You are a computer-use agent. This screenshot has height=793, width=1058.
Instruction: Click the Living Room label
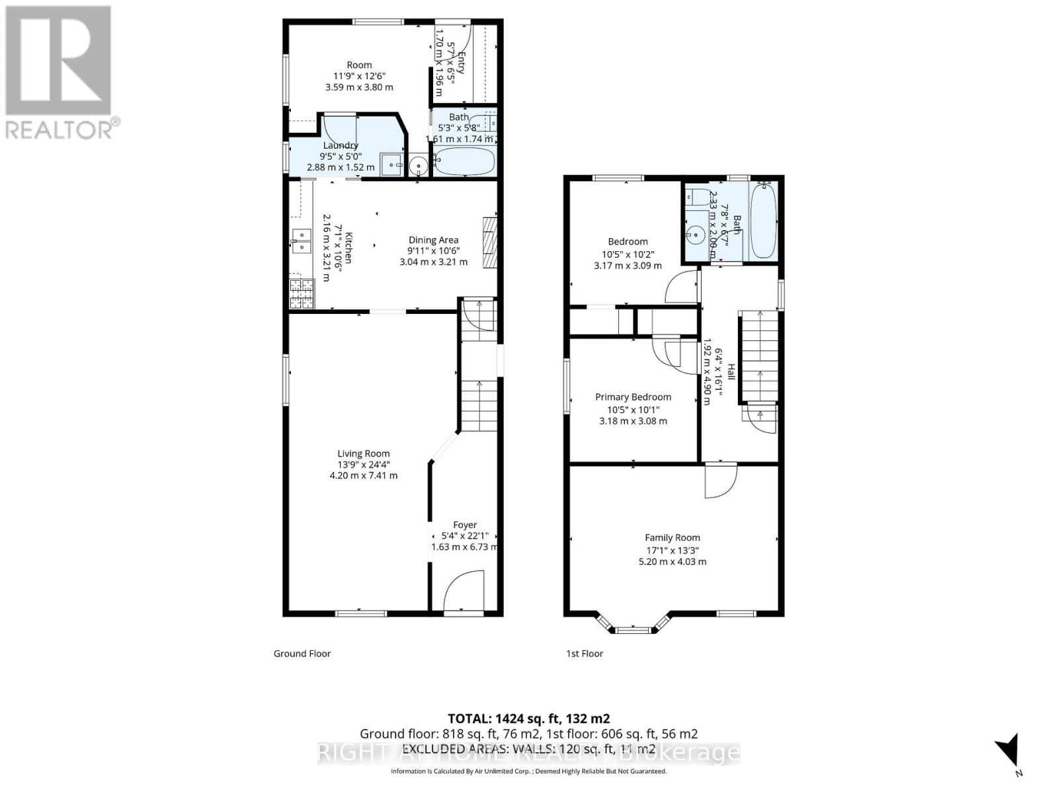[x=363, y=453]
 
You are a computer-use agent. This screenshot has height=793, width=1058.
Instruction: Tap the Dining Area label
[x=433, y=240]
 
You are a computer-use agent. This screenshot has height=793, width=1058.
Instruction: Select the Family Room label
[x=672, y=538]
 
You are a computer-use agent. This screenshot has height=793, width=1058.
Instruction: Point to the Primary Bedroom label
[x=633, y=397]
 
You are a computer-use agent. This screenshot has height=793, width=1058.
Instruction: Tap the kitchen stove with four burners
[x=302, y=294]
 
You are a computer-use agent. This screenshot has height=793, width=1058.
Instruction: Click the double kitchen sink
[x=302, y=240]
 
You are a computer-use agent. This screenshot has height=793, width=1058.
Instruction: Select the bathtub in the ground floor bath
[x=464, y=161]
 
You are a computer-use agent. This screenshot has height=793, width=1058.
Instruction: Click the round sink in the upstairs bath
[x=695, y=233]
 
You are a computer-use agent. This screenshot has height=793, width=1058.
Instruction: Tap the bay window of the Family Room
[x=633, y=626]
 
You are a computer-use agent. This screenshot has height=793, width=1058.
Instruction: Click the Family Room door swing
[x=719, y=480]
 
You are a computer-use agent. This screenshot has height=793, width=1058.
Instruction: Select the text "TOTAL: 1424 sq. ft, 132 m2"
[x=528, y=718]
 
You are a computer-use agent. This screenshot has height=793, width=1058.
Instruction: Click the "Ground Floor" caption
[x=302, y=654]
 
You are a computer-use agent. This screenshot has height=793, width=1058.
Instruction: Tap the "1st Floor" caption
[x=585, y=654]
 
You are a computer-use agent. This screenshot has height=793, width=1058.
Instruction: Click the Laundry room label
[x=341, y=145]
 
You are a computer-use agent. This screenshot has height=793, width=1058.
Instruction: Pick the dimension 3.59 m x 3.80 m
[x=359, y=87]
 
